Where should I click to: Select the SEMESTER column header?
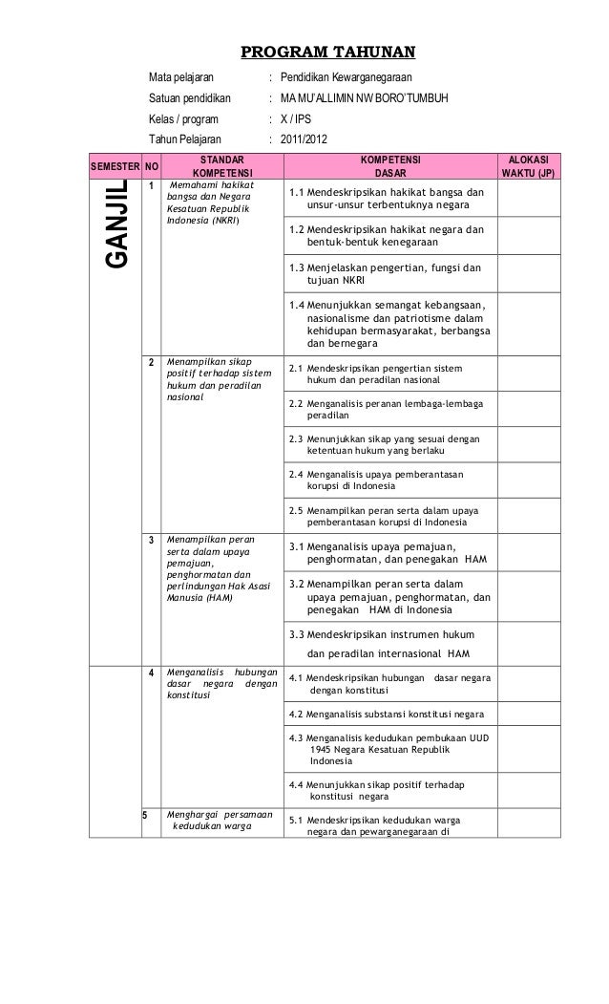[114, 166]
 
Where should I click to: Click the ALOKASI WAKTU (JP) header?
[524, 166]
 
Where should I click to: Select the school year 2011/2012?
[303, 142]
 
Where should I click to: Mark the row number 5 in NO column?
[146, 815]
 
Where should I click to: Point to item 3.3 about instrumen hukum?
[379, 644]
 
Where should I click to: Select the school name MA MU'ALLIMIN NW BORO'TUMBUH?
[364, 99]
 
